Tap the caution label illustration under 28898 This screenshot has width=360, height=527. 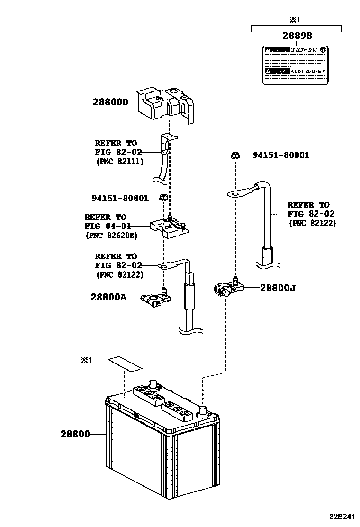pos(295,65)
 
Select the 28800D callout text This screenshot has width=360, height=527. pos(111,101)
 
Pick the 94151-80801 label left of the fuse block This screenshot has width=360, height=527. pos(120,198)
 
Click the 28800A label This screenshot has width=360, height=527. pos(108,297)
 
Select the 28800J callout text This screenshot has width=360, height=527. pos(278,287)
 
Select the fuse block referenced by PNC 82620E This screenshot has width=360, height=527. pos(169,228)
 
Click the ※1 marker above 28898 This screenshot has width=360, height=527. pos(296,19)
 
